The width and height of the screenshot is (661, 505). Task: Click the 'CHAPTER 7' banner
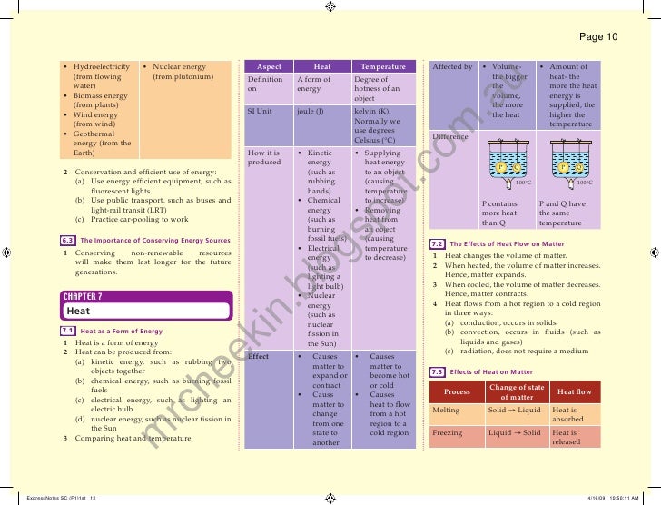click(83, 296)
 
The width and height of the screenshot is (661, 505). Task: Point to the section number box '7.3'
click(437, 372)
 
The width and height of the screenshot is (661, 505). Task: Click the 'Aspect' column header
click(270, 67)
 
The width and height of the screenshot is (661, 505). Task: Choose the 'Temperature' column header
click(383, 67)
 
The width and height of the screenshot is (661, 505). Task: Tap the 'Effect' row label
click(258, 357)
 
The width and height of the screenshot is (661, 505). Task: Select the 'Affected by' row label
click(452, 67)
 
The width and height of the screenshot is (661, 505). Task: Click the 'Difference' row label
click(450, 136)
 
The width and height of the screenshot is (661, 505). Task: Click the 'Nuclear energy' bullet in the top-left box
click(180, 67)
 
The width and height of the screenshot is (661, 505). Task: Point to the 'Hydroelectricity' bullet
click(101, 67)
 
